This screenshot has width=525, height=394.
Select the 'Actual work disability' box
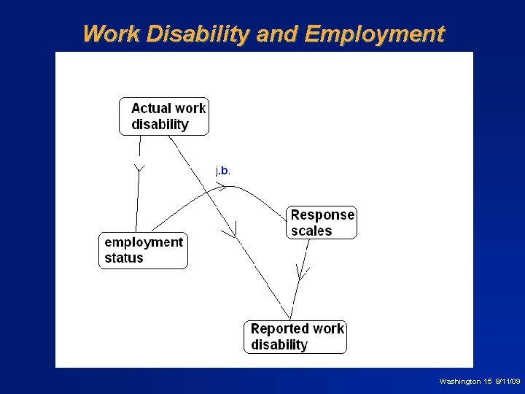164,116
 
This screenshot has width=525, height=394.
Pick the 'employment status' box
143,250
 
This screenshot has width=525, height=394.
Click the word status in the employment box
124,258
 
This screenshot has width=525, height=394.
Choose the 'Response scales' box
322,223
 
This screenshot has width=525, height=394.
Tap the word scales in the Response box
311,231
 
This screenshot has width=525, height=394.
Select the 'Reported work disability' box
295,336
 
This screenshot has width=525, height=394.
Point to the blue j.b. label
223,171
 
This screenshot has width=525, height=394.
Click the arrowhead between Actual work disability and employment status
139,170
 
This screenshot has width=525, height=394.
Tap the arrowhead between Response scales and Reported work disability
302,274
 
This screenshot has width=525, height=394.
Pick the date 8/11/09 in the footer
507,382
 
